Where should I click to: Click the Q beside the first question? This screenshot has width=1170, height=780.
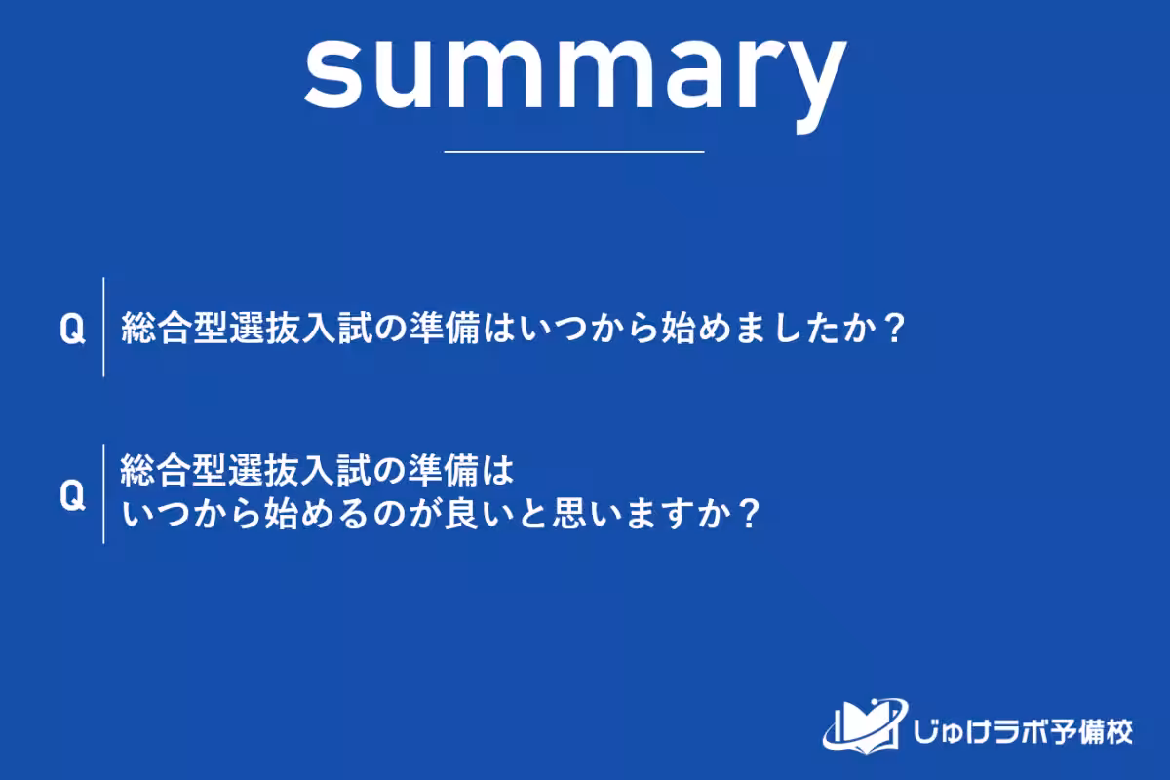point(72,330)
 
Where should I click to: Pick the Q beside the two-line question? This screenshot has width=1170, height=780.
point(72,495)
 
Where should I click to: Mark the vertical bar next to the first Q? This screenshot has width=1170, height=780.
point(103,328)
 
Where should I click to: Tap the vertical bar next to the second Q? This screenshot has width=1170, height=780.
point(103,493)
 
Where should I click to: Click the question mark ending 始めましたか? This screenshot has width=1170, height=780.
point(885,330)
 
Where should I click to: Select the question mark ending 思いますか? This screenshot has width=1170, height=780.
point(747,514)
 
